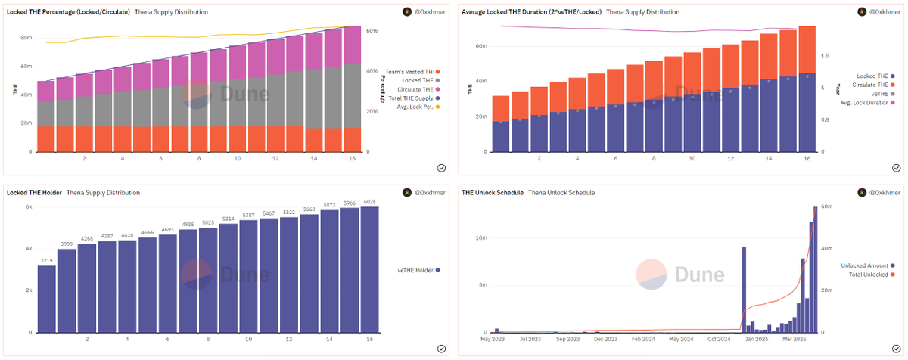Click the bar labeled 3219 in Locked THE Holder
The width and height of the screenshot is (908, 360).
[47, 299]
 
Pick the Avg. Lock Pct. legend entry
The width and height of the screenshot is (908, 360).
[418, 107]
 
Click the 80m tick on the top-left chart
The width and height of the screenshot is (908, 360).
[26, 37]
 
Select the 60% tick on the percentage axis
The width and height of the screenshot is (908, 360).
[372, 31]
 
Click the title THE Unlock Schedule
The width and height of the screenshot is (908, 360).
[492, 193]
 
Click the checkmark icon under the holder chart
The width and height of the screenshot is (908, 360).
[441, 349]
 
